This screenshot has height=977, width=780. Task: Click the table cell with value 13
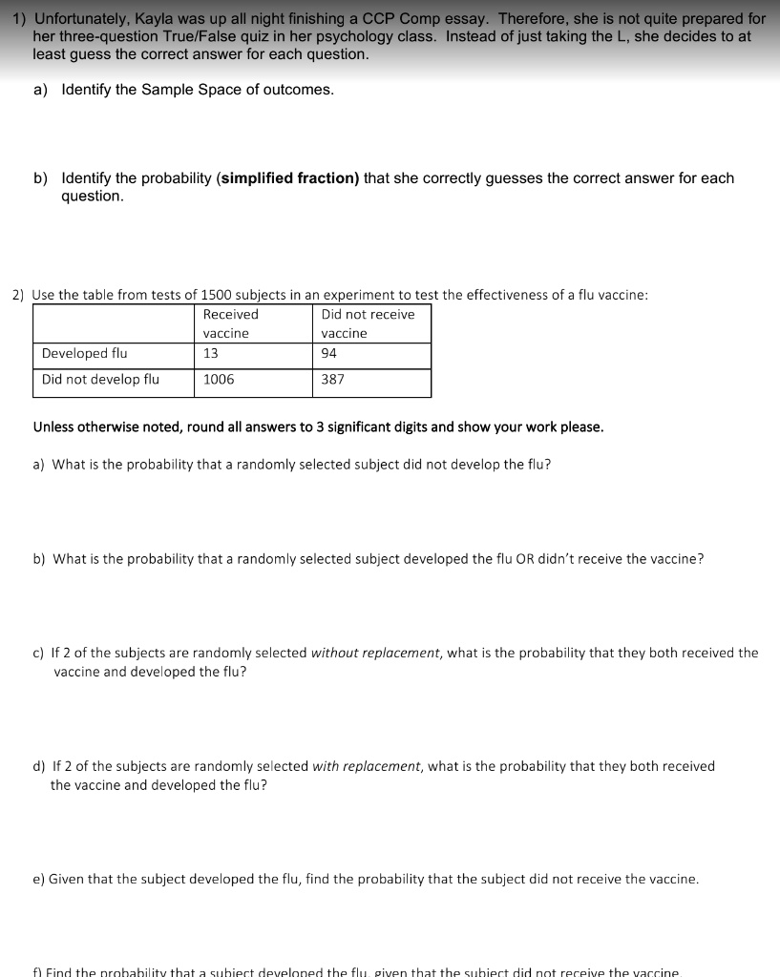coord(211,353)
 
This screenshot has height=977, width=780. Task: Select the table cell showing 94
coord(329,353)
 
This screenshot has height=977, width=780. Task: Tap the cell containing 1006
coord(219,379)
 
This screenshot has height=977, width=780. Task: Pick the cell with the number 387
coord(333,379)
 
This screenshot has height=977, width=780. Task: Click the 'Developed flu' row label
coord(84,353)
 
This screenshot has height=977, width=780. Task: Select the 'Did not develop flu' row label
coord(100,379)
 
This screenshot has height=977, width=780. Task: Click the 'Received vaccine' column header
coord(230,323)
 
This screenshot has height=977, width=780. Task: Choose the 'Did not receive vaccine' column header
coord(368,323)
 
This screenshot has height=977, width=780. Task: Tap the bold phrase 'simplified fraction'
coord(288,178)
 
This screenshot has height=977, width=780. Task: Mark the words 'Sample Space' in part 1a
coord(181,90)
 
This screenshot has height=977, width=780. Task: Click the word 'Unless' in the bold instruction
coord(53,426)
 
